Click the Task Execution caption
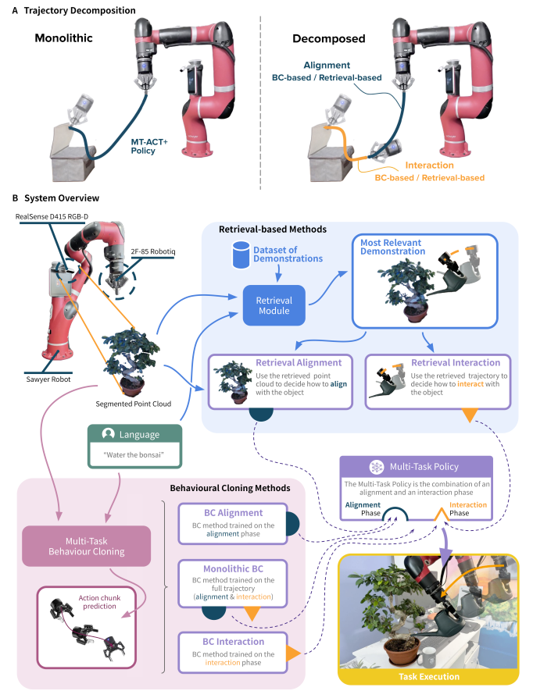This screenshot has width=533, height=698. point(429,677)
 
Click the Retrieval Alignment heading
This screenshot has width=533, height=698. point(298,361)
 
